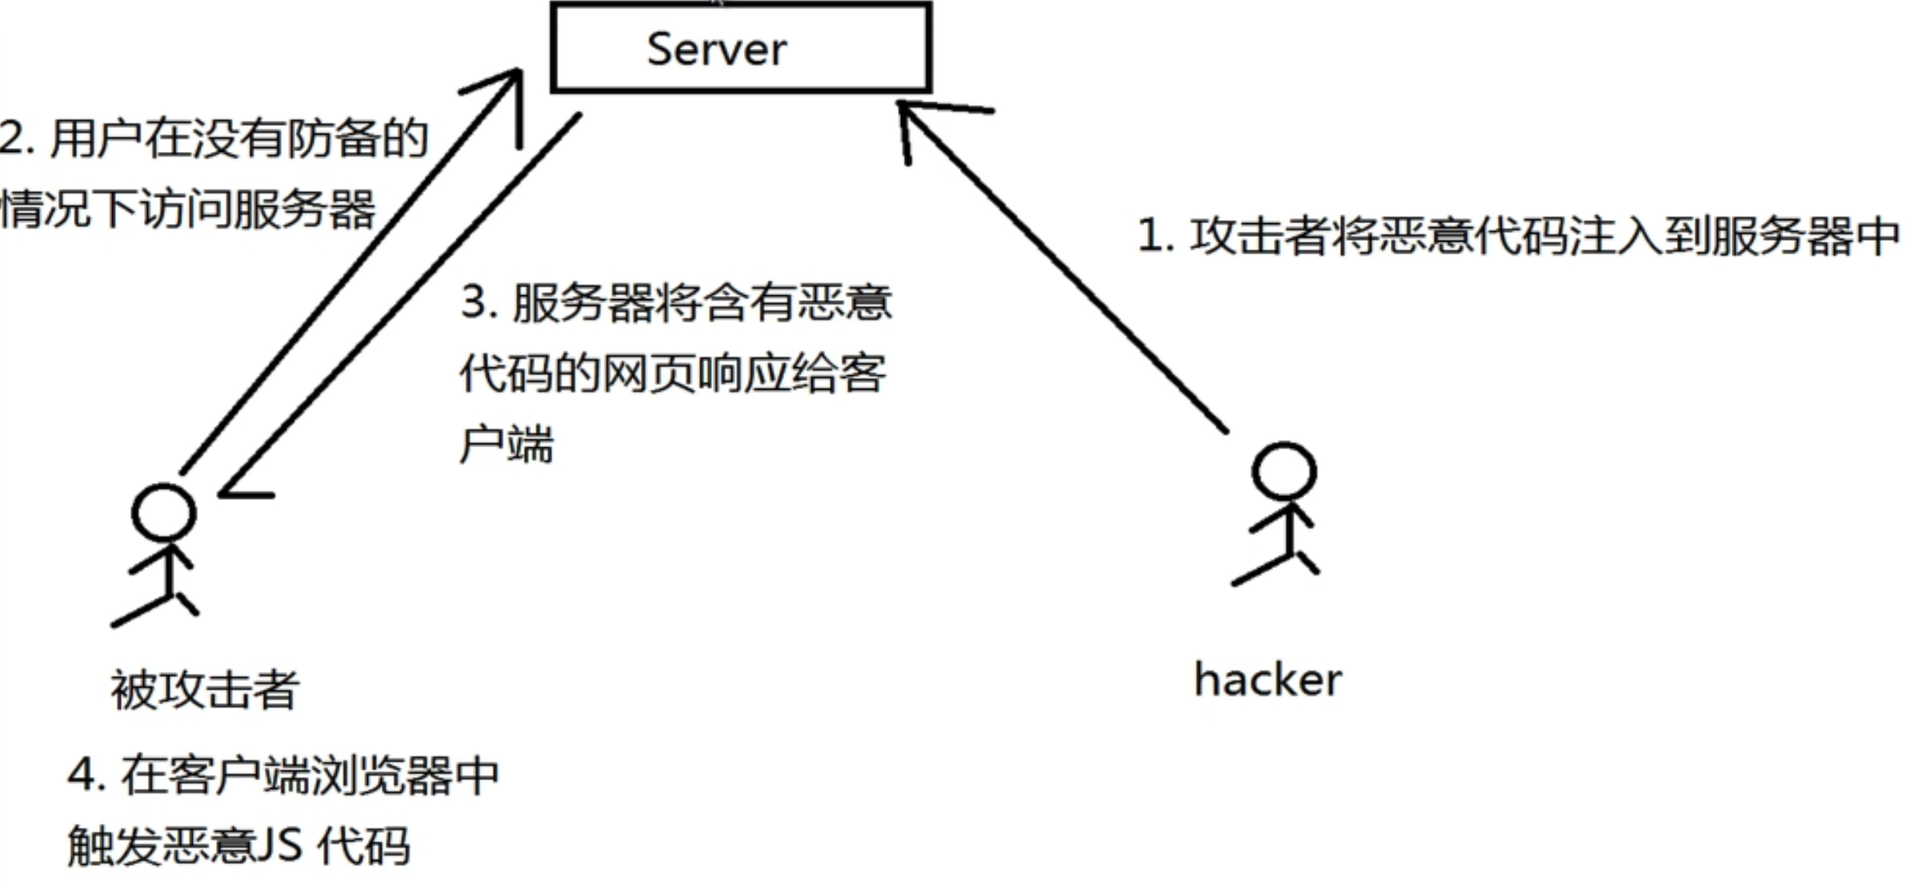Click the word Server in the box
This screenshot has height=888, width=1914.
point(716,50)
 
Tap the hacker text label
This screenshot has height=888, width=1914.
point(1267,681)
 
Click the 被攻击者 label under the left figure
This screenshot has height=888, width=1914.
point(205,690)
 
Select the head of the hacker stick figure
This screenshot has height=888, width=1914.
point(1283,471)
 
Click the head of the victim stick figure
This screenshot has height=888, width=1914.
point(164,513)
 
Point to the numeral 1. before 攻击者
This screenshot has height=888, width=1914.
point(1155,237)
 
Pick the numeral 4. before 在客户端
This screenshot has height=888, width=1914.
point(86,775)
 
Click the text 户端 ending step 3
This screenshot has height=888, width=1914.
point(507,444)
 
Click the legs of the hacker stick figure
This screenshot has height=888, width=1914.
point(1276,565)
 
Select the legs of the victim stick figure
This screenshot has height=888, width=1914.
point(156,607)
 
